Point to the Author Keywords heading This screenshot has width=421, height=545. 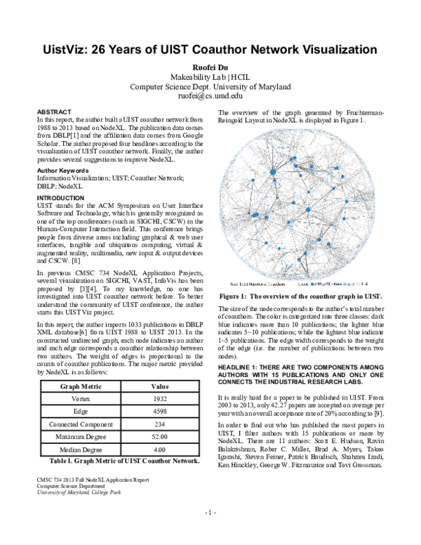click(x=62, y=171)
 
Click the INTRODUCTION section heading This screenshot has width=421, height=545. click(x=60, y=198)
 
